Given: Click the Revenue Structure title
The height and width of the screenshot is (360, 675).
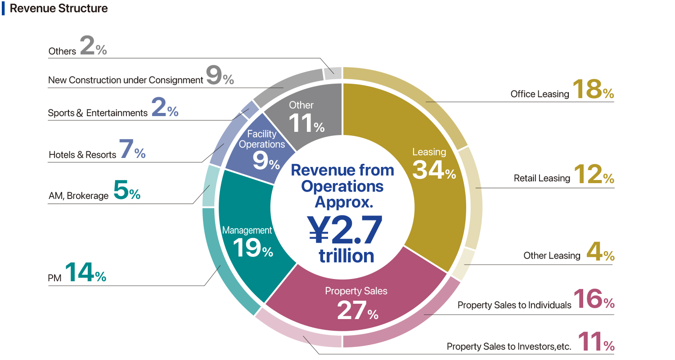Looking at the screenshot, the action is point(58,9).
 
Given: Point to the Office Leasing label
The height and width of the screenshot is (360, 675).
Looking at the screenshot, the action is point(540,94).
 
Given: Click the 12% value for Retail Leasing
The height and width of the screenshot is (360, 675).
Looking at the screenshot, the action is point(594,175).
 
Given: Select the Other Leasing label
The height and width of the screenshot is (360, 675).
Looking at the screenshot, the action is point(552,256).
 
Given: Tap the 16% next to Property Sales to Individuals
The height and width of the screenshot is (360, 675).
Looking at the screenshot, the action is point(594,299).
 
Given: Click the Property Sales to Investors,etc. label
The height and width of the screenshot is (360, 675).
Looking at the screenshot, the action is point(509,346).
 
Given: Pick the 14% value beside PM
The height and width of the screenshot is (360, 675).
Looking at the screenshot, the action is point(85,272).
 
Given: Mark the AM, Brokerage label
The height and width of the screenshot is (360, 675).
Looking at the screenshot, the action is point(78,196).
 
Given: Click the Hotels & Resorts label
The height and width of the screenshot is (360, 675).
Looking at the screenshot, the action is point(82,155).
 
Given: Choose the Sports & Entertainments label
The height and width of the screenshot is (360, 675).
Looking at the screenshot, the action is point(98,113).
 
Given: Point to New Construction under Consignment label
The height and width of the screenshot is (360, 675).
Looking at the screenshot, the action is point(126,80).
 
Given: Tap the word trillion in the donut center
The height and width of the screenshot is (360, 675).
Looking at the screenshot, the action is point(346,256).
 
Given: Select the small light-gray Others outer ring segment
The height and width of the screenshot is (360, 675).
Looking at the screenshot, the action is point(333,73).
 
